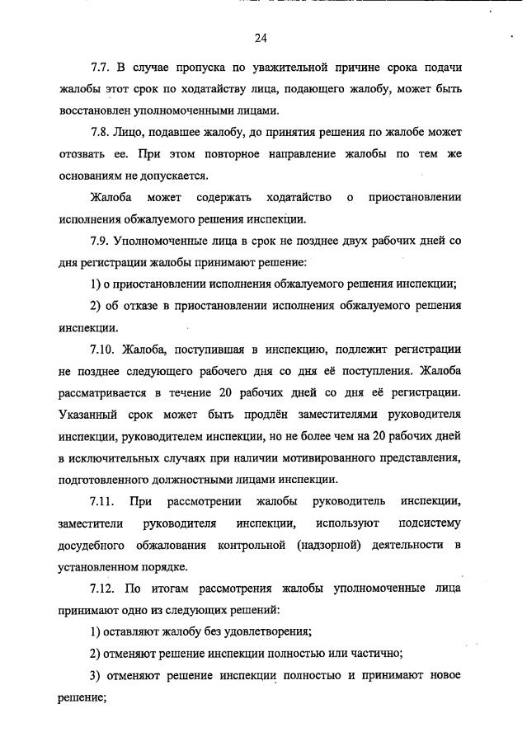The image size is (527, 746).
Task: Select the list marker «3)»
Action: coord(97,675)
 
